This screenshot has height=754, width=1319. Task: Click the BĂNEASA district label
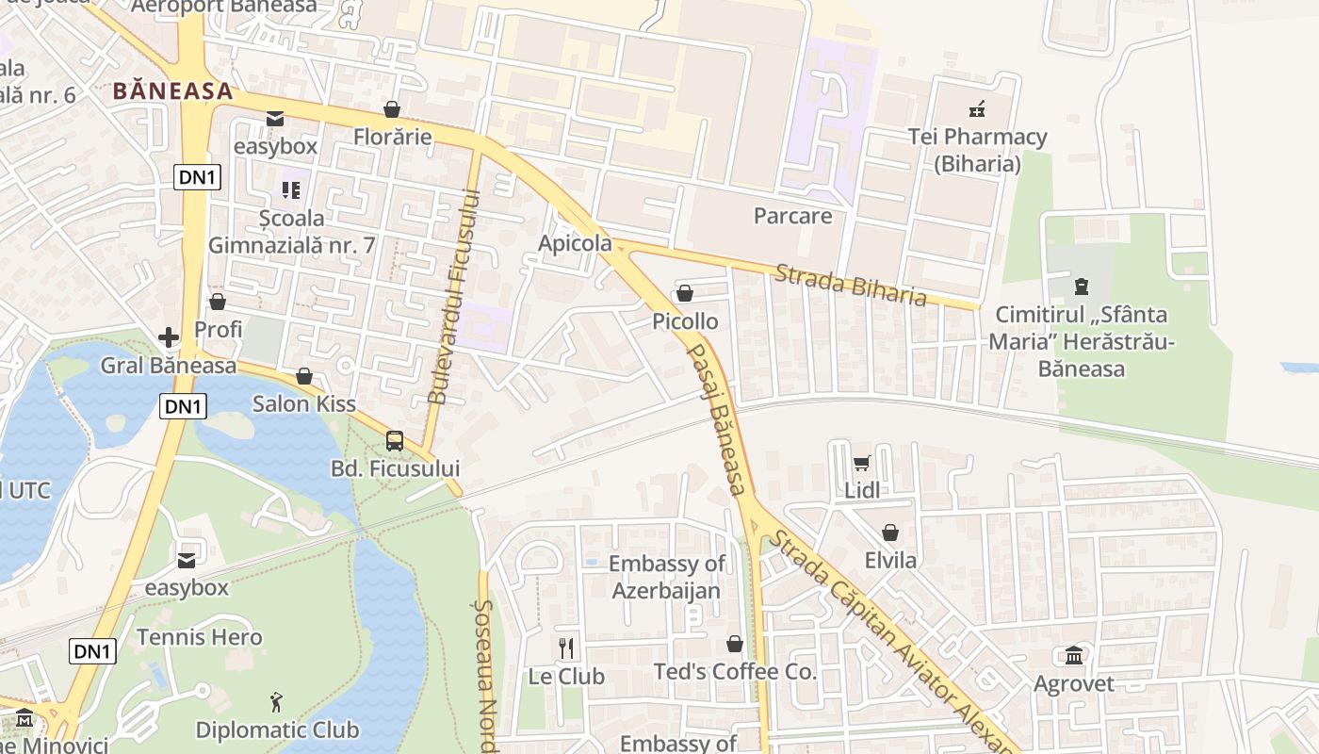coord(172,91)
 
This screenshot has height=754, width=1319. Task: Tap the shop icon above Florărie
coord(391,109)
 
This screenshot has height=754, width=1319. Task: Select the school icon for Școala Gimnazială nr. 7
coord(291,189)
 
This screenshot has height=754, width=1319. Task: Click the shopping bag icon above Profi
coord(218,302)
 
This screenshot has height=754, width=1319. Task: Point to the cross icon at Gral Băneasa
coord(169,336)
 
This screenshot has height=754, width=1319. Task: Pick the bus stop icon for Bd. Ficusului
coord(395,440)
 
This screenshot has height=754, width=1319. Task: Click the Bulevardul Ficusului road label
coord(453,297)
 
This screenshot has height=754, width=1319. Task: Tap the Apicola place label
coord(575,243)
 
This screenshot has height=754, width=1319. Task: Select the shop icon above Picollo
coord(685,293)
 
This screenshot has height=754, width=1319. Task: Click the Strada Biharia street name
coord(851,285)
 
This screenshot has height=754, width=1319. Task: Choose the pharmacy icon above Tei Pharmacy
coord(977,109)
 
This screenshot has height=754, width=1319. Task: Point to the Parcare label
coord(792,216)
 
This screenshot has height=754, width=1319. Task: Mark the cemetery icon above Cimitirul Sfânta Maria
coord(1081,286)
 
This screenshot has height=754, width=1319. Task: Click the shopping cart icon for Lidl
coord(861,463)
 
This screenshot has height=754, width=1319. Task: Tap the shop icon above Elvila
coord(890,533)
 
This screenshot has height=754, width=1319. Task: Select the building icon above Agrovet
coord(1073,655)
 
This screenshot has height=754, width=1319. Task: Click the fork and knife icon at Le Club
coord(566,648)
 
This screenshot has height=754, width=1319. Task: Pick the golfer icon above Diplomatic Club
coord(276,702)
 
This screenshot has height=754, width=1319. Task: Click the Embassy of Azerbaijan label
coord(666,577)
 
